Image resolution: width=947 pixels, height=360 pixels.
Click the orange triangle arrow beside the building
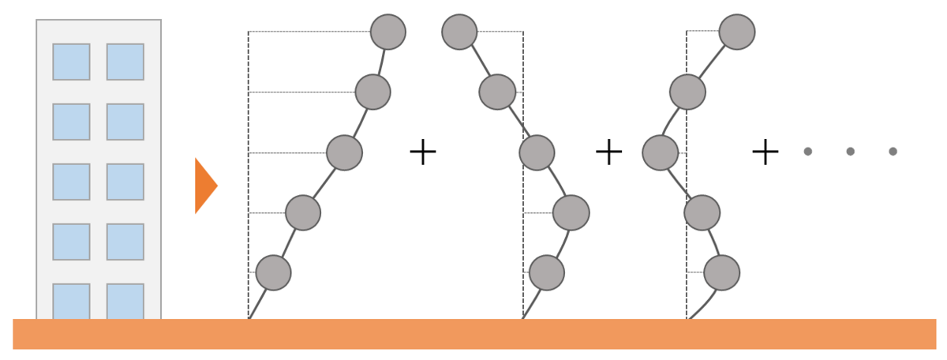[x=204, y=186]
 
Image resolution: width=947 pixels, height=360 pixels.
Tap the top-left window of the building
[x=71, y=62]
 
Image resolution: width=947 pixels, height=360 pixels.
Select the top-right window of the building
[x=125, y=62]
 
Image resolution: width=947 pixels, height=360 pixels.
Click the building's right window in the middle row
[x=125, y=182]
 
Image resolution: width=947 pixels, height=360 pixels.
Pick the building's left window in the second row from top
[x=71, y=122]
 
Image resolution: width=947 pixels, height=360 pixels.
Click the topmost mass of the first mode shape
[x=388, y=32]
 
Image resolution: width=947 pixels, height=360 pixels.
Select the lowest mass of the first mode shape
[x=273, y=272]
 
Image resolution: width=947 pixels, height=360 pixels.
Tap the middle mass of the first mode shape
[x=344, y=152]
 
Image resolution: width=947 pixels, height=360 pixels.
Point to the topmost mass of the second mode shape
[x=459, y=32]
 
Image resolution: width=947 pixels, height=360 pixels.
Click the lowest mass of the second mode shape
[x=547, y=272]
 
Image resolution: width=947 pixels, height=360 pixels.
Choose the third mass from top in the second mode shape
[x=537, y=152]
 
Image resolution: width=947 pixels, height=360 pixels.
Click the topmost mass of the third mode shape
[x=737, y=32]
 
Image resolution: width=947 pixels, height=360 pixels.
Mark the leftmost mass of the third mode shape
[x=661, y=152]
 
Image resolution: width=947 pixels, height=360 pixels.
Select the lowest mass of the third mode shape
[x=721, y=272]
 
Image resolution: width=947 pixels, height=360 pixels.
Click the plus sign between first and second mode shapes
[x=423, y=152]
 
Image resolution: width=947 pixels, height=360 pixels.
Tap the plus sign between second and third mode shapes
[x=608, y=152]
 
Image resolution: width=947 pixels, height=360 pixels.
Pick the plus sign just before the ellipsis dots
[x=765, y=152]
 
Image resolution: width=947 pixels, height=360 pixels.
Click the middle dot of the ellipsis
[x=850, y=152]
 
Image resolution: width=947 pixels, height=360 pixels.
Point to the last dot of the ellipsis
[x=893, y=152]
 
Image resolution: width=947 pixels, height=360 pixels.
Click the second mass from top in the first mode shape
[x=372, y=92]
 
